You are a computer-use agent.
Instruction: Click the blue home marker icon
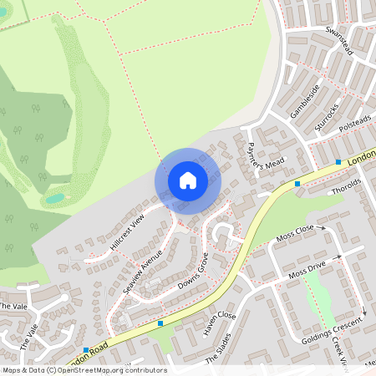tap(188, 180)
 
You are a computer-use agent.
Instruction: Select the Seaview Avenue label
tap(141, 268)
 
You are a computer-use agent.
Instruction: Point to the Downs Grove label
tap(191, 277)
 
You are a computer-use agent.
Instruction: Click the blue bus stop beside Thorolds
tap(297, 183)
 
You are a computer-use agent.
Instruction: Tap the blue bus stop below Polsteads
tap(338, 161)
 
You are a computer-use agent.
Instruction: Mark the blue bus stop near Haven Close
tap(160, 323)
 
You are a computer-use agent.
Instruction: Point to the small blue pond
tap(55, 198)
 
